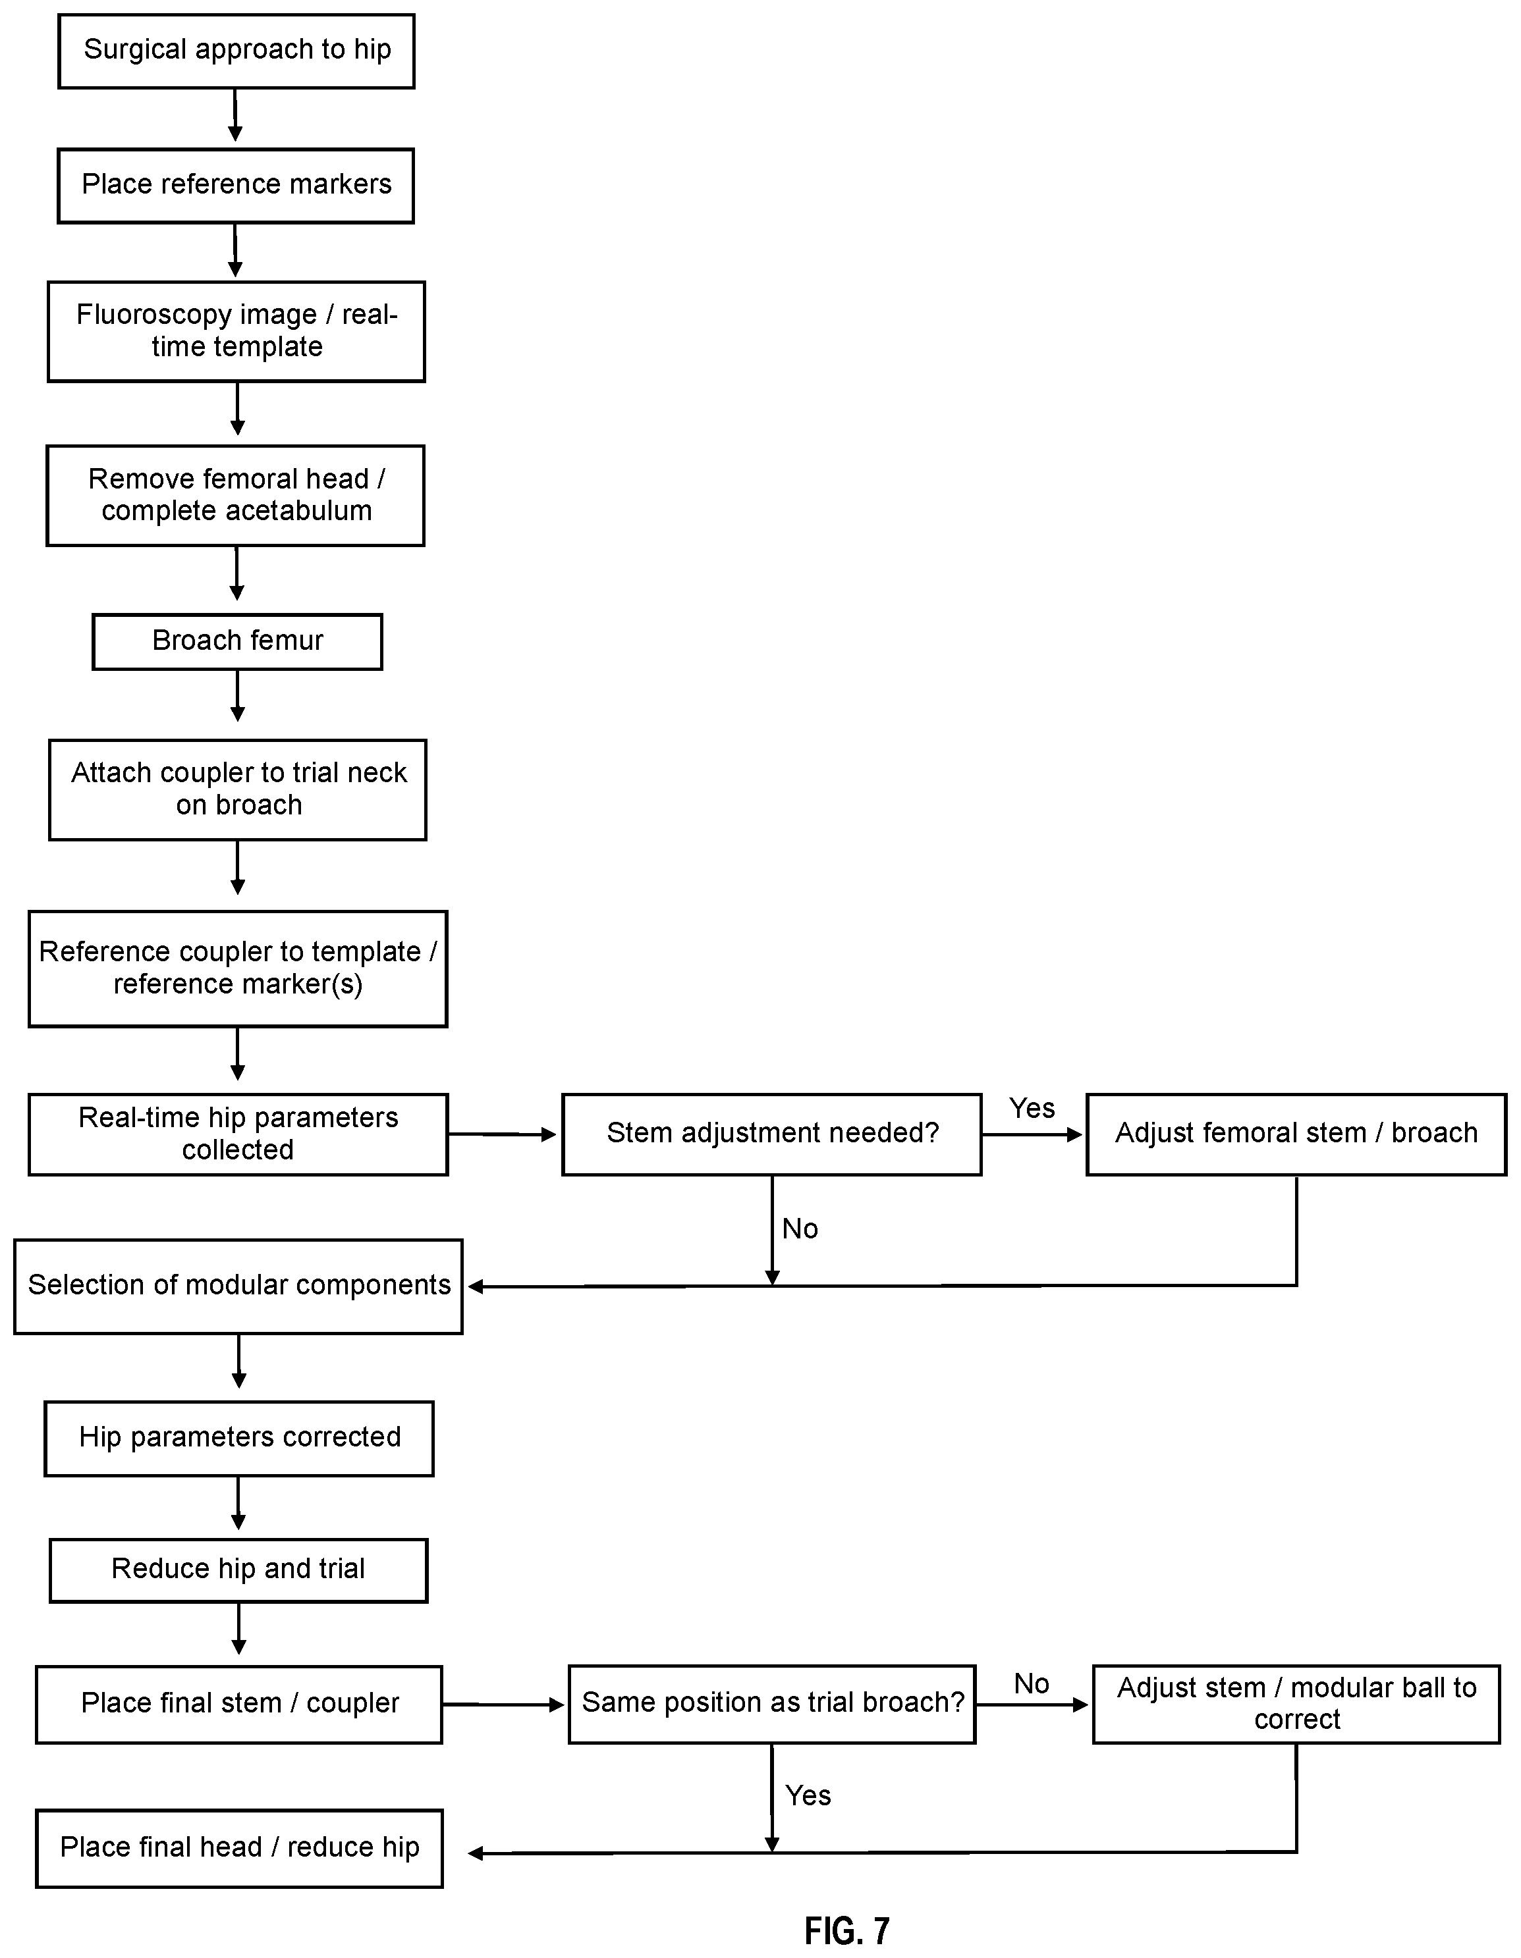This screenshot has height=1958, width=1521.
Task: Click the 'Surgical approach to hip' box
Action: (x=236, y=51)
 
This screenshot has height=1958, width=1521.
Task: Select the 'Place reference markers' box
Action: (x=236, y=186)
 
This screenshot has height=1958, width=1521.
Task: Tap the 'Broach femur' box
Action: (x=238, y=642)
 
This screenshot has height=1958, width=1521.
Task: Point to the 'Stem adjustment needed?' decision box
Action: (x=772, y=1134)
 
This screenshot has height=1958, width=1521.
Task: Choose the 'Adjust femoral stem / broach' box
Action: (x=1296, y=1134)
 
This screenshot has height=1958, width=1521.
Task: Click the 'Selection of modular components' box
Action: (x=238, y=1286)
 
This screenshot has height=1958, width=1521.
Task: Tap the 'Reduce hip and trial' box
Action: (x=238, y=1571)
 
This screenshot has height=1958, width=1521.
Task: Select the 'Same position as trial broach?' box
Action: (x=772, y=1705)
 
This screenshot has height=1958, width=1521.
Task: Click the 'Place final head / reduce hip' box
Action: (x=240, y=1849)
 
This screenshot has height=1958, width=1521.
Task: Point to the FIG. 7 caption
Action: (x=846, y=1930)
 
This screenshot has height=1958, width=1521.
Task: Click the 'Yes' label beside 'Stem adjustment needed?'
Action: (x=1032, y=1108)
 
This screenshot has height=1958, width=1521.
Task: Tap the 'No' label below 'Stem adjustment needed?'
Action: (x=800, y=1229)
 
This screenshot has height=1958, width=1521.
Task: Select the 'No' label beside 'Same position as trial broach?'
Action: (x=1032, y=1683)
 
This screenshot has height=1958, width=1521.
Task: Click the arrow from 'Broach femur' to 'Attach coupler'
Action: (x=238, y=696)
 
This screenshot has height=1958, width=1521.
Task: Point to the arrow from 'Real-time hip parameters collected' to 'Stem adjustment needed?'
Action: (x=502, y=1135)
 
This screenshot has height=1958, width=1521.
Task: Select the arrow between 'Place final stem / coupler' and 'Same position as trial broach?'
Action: (x=503, y=1705)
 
